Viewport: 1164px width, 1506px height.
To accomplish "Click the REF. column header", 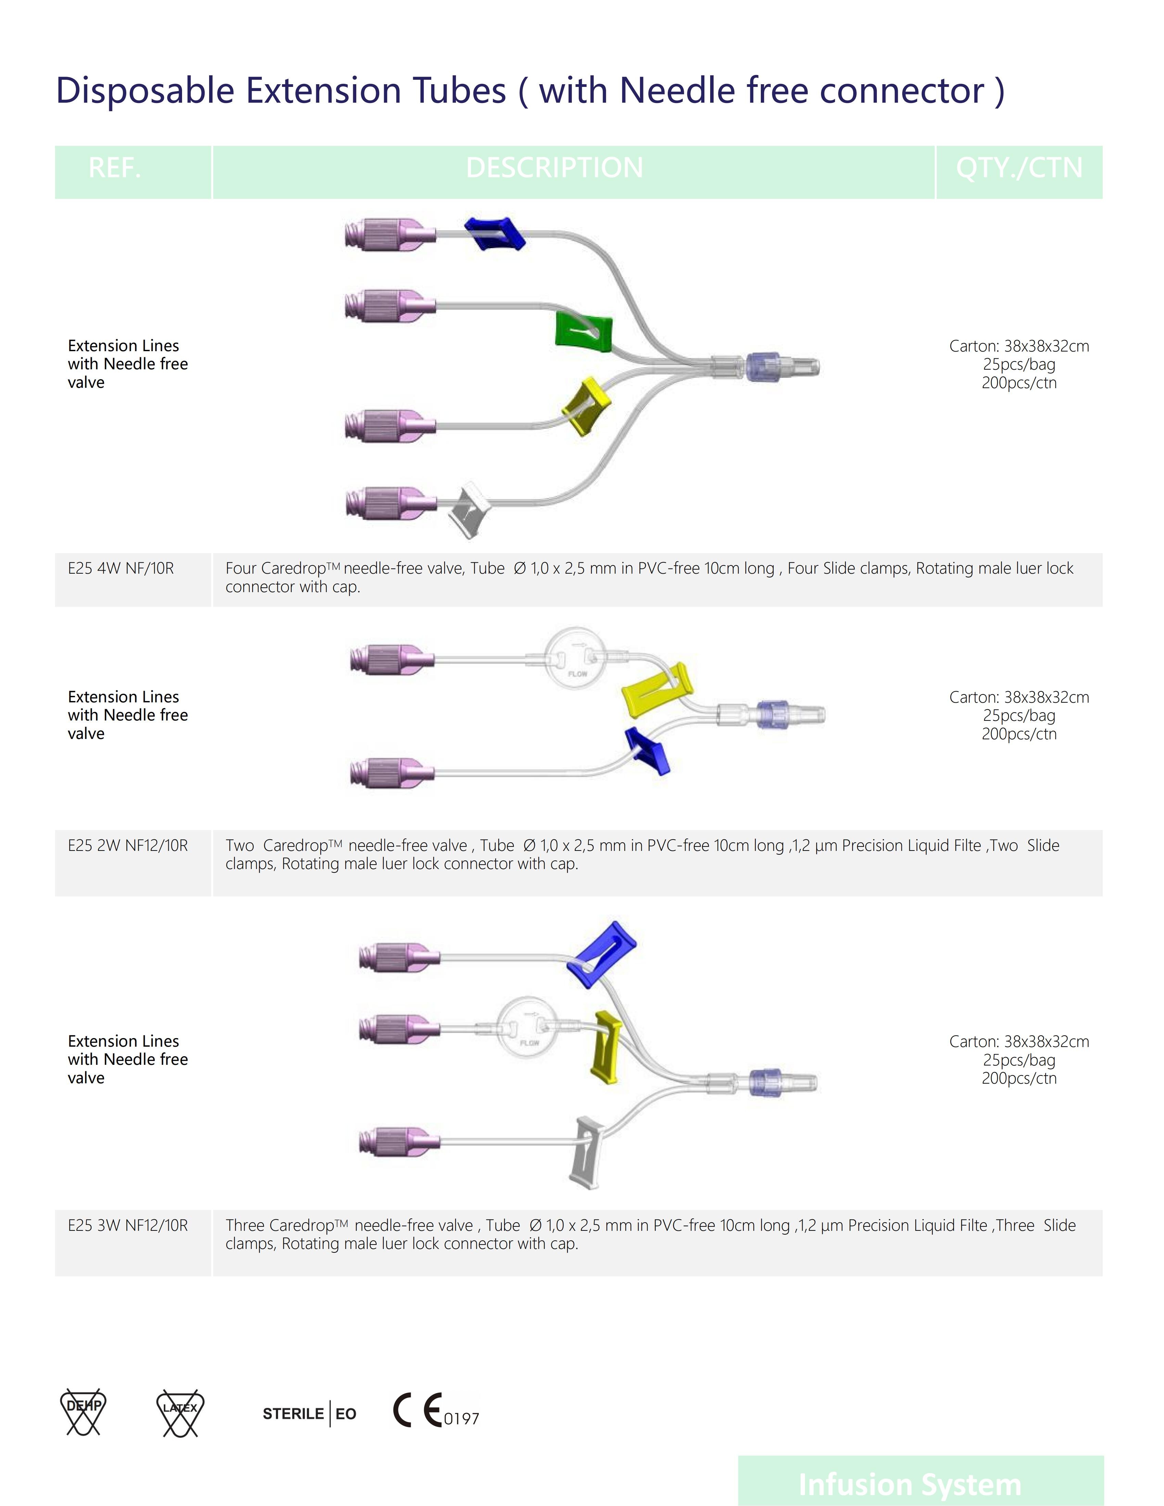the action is pyautogui.click(x=114, y=168).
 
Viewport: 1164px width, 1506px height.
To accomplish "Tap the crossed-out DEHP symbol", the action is pyautogui.click(x=84, y=1412).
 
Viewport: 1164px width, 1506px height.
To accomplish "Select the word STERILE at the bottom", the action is pyautogui.click(x=293, y=1414).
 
